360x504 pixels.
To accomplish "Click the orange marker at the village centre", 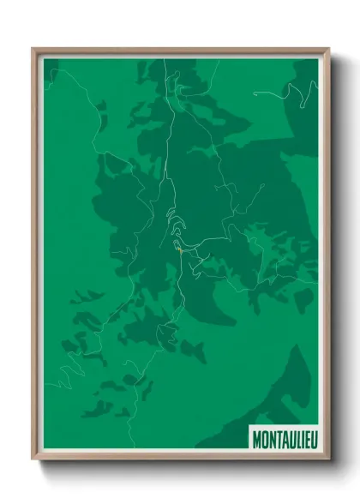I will [178, 250].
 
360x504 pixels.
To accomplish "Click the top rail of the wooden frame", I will [180, 50].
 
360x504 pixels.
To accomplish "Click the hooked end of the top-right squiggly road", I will [314, 84].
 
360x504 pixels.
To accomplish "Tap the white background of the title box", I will [283, 429].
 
